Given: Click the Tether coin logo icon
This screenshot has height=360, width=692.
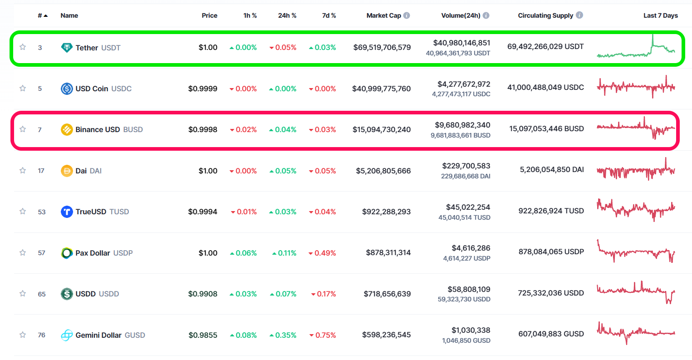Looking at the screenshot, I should click(x=67, y=48).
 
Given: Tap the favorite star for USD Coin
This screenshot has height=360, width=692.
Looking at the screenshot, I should click(x=23, y=88).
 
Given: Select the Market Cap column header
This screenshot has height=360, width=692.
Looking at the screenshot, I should click(x=383, y=15).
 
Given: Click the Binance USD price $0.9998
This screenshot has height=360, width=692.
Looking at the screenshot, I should click(x=203, y=129).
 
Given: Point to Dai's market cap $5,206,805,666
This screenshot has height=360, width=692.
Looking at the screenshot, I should click(x=383, y=171).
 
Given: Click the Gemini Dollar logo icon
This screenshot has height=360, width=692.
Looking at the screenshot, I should click(x=67, y=335).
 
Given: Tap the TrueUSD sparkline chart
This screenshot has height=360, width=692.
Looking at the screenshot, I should click(x=636, y=210).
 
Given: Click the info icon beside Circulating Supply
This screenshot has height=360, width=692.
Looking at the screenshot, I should click(x=579, y=15).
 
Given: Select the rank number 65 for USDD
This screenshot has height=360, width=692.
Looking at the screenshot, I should click(x=42, y=294).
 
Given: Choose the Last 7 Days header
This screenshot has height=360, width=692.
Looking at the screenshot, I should click(x=660, y=15).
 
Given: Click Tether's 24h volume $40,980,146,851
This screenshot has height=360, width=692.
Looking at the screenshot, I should click(x=461, y=43).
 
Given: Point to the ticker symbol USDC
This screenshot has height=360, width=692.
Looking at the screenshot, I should click(x=121, y=89).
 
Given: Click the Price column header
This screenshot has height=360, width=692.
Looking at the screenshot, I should click(x=209, y=15).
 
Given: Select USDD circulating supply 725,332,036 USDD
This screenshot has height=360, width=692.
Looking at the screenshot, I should click(x=550, y=293).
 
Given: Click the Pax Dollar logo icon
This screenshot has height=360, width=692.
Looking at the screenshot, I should click(x=67, y=253).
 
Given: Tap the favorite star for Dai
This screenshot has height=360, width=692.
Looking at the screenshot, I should click(x=23, y=170).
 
